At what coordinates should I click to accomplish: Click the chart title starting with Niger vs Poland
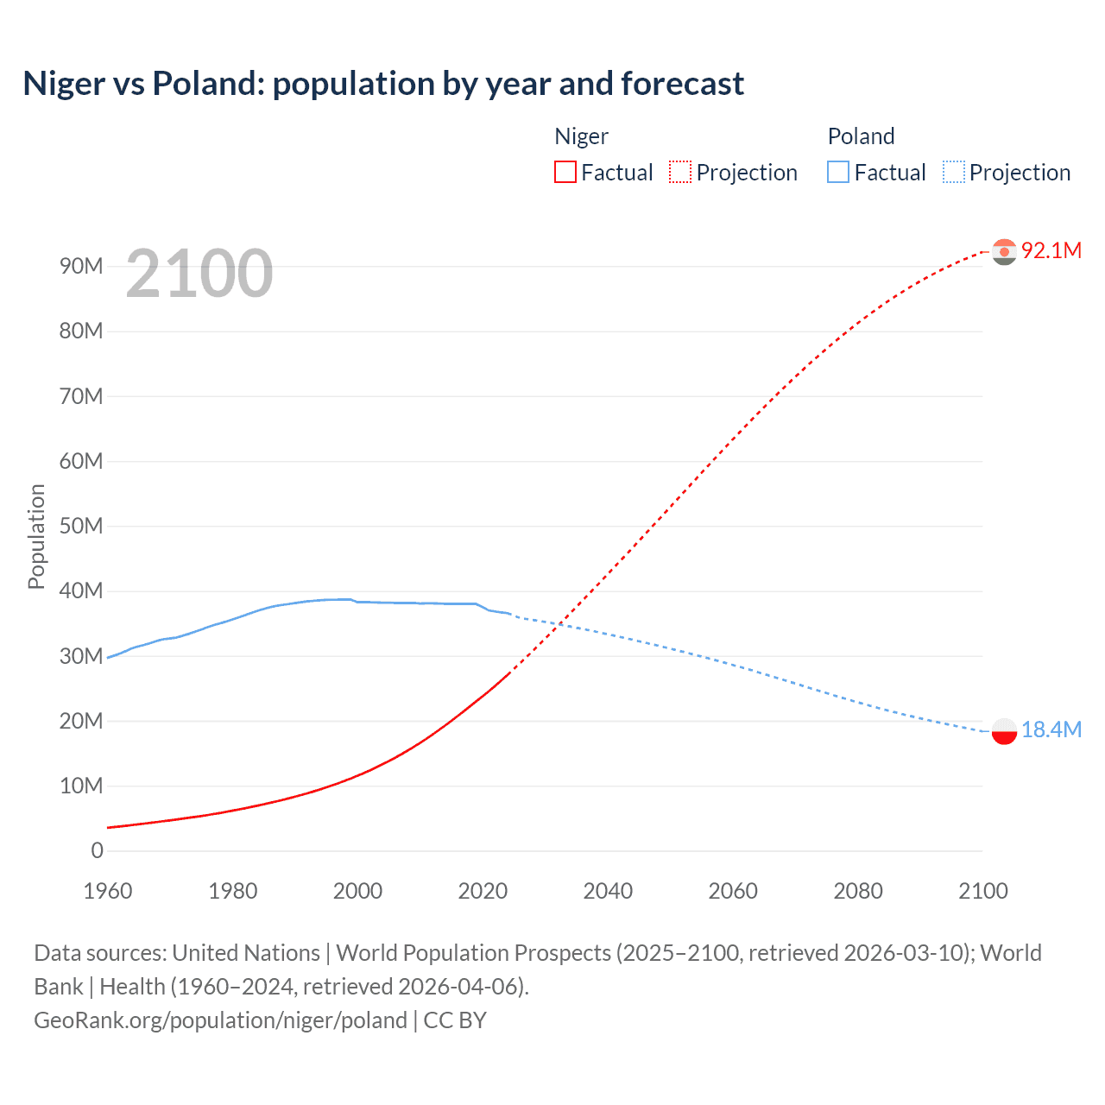click(x=382, y=84)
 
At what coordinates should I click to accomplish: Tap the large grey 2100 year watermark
click(x=199, y=274)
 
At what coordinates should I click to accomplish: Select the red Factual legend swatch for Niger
click(x=565, y=172)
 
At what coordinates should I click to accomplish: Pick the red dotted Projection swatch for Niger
click(x=680, y=172)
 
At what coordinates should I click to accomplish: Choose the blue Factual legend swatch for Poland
click(x=837, y=172)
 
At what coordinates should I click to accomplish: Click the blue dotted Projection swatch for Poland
click(x=953, y=172)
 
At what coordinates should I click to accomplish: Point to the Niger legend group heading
click(x=581, y=136)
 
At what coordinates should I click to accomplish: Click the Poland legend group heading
click(x=861, y=136)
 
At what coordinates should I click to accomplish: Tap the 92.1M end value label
click(x=1051, y=250)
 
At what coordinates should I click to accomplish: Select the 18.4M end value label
click(x=1051, y=729)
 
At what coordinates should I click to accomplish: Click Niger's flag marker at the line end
click(x=1004, y=251)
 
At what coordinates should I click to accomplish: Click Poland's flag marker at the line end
click(x=1004, y=731)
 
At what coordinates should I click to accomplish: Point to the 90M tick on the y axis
click(x=81, y=266)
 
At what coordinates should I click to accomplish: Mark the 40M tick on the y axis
click(x=81, y=591)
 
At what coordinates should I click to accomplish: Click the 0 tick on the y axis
click(x=97, y=850)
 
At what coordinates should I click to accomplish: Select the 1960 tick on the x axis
click(x=108, y=891)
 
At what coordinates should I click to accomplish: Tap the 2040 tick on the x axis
click(x=608, y=891)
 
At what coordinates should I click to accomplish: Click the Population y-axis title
click(x=36, y=536)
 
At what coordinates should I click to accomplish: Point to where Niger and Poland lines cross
click(x=559, y=624)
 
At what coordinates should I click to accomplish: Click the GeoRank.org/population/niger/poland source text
click(x=220, y=1020)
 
